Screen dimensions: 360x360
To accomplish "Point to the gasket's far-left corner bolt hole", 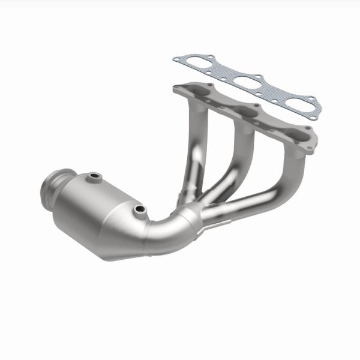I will click(177, 59).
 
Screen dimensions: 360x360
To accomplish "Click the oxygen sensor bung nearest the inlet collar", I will click(94, 177).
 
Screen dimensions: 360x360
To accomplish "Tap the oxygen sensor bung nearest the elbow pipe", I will click(140, 210).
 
